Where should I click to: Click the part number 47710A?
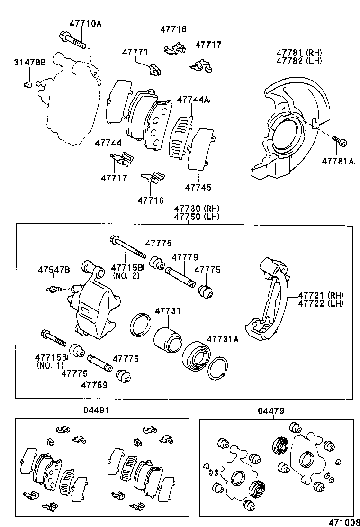(x=85, y=23)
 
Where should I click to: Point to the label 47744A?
(x=193, y=100)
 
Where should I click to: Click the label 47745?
(x=198, y=188)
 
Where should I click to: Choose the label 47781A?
(x=338, y=161)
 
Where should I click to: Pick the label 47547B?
(x=54, y=270)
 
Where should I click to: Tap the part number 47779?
(x=185, y=257)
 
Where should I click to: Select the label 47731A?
(x=223, y=339)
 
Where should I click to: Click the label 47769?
(x=94, y=385)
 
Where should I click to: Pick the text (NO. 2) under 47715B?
(x=126, y=275)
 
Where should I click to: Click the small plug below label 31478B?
(x=27, y=85)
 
